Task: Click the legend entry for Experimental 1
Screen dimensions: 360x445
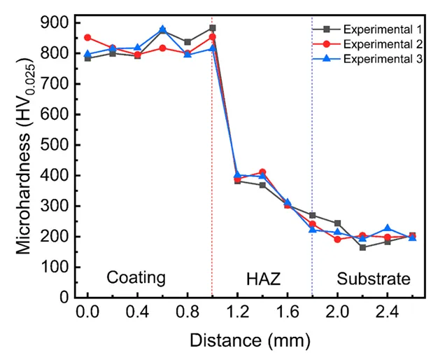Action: point(381,29)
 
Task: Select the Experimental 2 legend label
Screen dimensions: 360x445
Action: point(381,44)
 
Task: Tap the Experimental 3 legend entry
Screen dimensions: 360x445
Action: point(381,60)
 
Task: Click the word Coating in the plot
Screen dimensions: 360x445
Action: point(136,278)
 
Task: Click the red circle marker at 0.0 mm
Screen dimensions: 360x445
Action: point(87,37)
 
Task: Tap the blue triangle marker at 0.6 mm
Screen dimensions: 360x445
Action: point(162,30)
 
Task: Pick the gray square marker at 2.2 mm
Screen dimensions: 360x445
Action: point(362,247)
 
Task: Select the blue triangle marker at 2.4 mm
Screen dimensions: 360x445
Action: point(387,229)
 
